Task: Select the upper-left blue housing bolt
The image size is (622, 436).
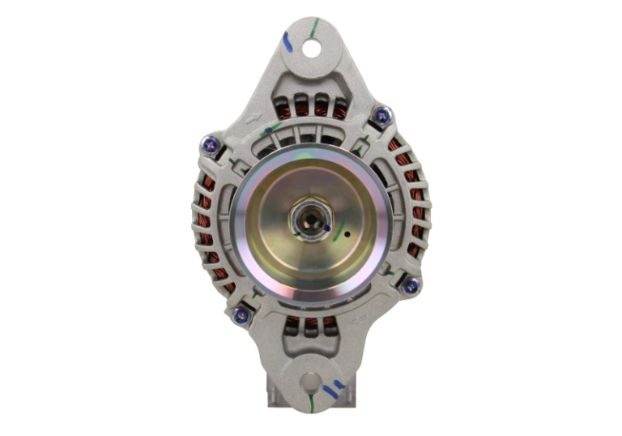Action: [209, 145]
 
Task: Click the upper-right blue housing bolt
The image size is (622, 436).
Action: [381, 115]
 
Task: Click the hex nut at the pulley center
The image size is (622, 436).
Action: [310, 218]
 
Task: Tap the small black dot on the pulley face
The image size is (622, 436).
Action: [347, 237]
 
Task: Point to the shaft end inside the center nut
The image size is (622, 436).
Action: [309, 217]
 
